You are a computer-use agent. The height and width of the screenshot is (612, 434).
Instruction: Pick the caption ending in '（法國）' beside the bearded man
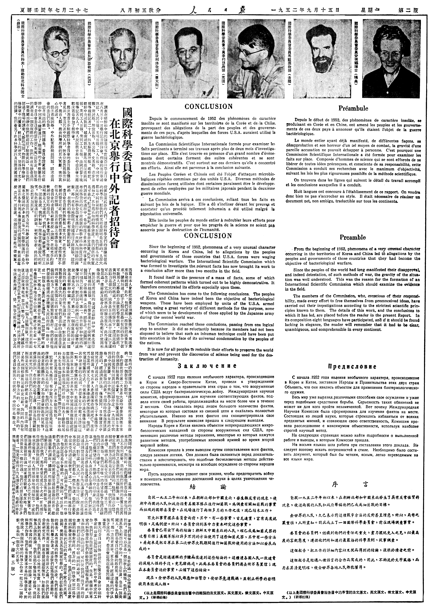289,59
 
